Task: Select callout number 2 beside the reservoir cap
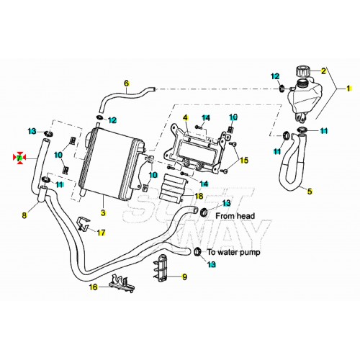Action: click(324, 71)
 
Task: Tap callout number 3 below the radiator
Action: click(103, 214)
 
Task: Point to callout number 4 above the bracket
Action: click(185, 117)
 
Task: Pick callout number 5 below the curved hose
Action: click(310, 192)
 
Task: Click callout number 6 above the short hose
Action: click(126, 83)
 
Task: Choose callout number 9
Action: click(184, 276)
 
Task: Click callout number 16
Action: click(93, 287)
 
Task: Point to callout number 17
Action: click(102, 233)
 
